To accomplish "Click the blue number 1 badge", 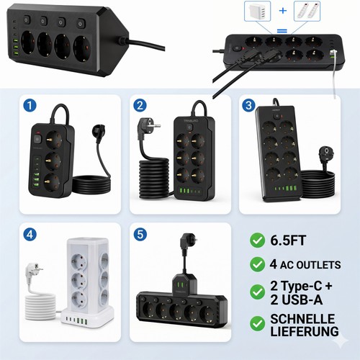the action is click(30, 106).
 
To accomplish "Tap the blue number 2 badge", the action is click(140, 106).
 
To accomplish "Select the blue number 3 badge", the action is click(248, 106).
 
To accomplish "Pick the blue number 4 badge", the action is click(30, 234).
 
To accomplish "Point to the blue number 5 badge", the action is click(140, 234).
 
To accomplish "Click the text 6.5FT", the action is click(288, 240).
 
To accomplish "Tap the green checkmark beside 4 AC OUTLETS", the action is click(258, 264).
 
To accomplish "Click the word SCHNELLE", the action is click(302, 319).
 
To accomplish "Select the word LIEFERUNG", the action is click(305, 331).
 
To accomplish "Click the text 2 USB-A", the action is click(296, 300).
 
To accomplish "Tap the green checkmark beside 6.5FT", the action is click(258, 240).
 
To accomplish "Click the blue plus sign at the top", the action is click(283, 11).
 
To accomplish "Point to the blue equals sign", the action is click(282, 31).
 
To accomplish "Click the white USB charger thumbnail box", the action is click(257, 11).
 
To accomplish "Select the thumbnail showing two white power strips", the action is click(307, 11).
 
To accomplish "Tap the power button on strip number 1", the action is click(37, 139).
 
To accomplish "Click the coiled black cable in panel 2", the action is click(154, 178).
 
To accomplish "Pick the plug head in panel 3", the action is click(326, 154).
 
